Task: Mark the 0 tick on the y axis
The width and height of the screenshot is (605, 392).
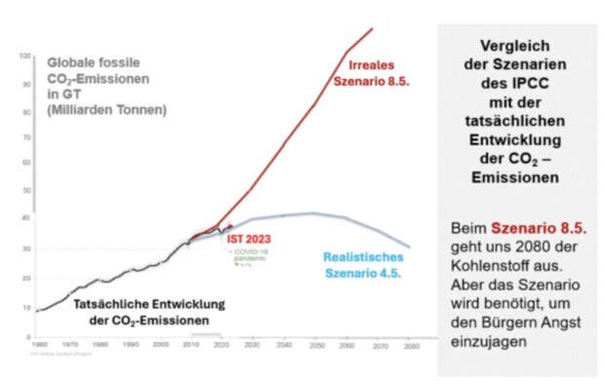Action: [26, 335]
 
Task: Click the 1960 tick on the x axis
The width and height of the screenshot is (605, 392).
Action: [39, 345]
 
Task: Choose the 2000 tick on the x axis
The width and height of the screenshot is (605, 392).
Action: [161, 345]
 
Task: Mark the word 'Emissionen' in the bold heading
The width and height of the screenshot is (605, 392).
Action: [514, 179]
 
